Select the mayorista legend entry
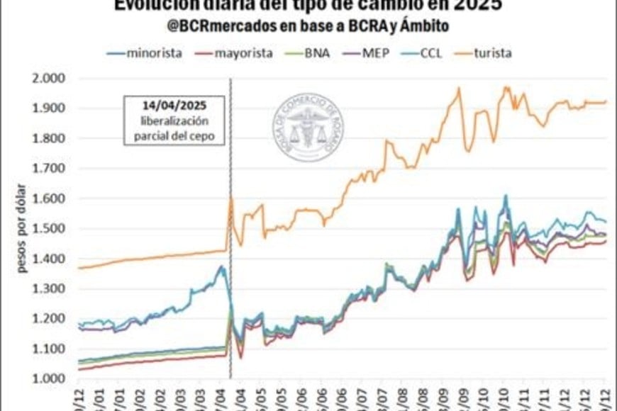coord(243,52)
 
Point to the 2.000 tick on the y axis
coord(53,78)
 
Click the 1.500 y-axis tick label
coord(53,229)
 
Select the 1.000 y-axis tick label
coord(53,379)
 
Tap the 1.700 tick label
coord(53,169)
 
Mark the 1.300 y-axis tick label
coord(53,289)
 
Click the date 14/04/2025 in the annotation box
coord(174,106)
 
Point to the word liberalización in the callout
coord(174,120)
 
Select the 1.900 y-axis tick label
coord(53,108)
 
